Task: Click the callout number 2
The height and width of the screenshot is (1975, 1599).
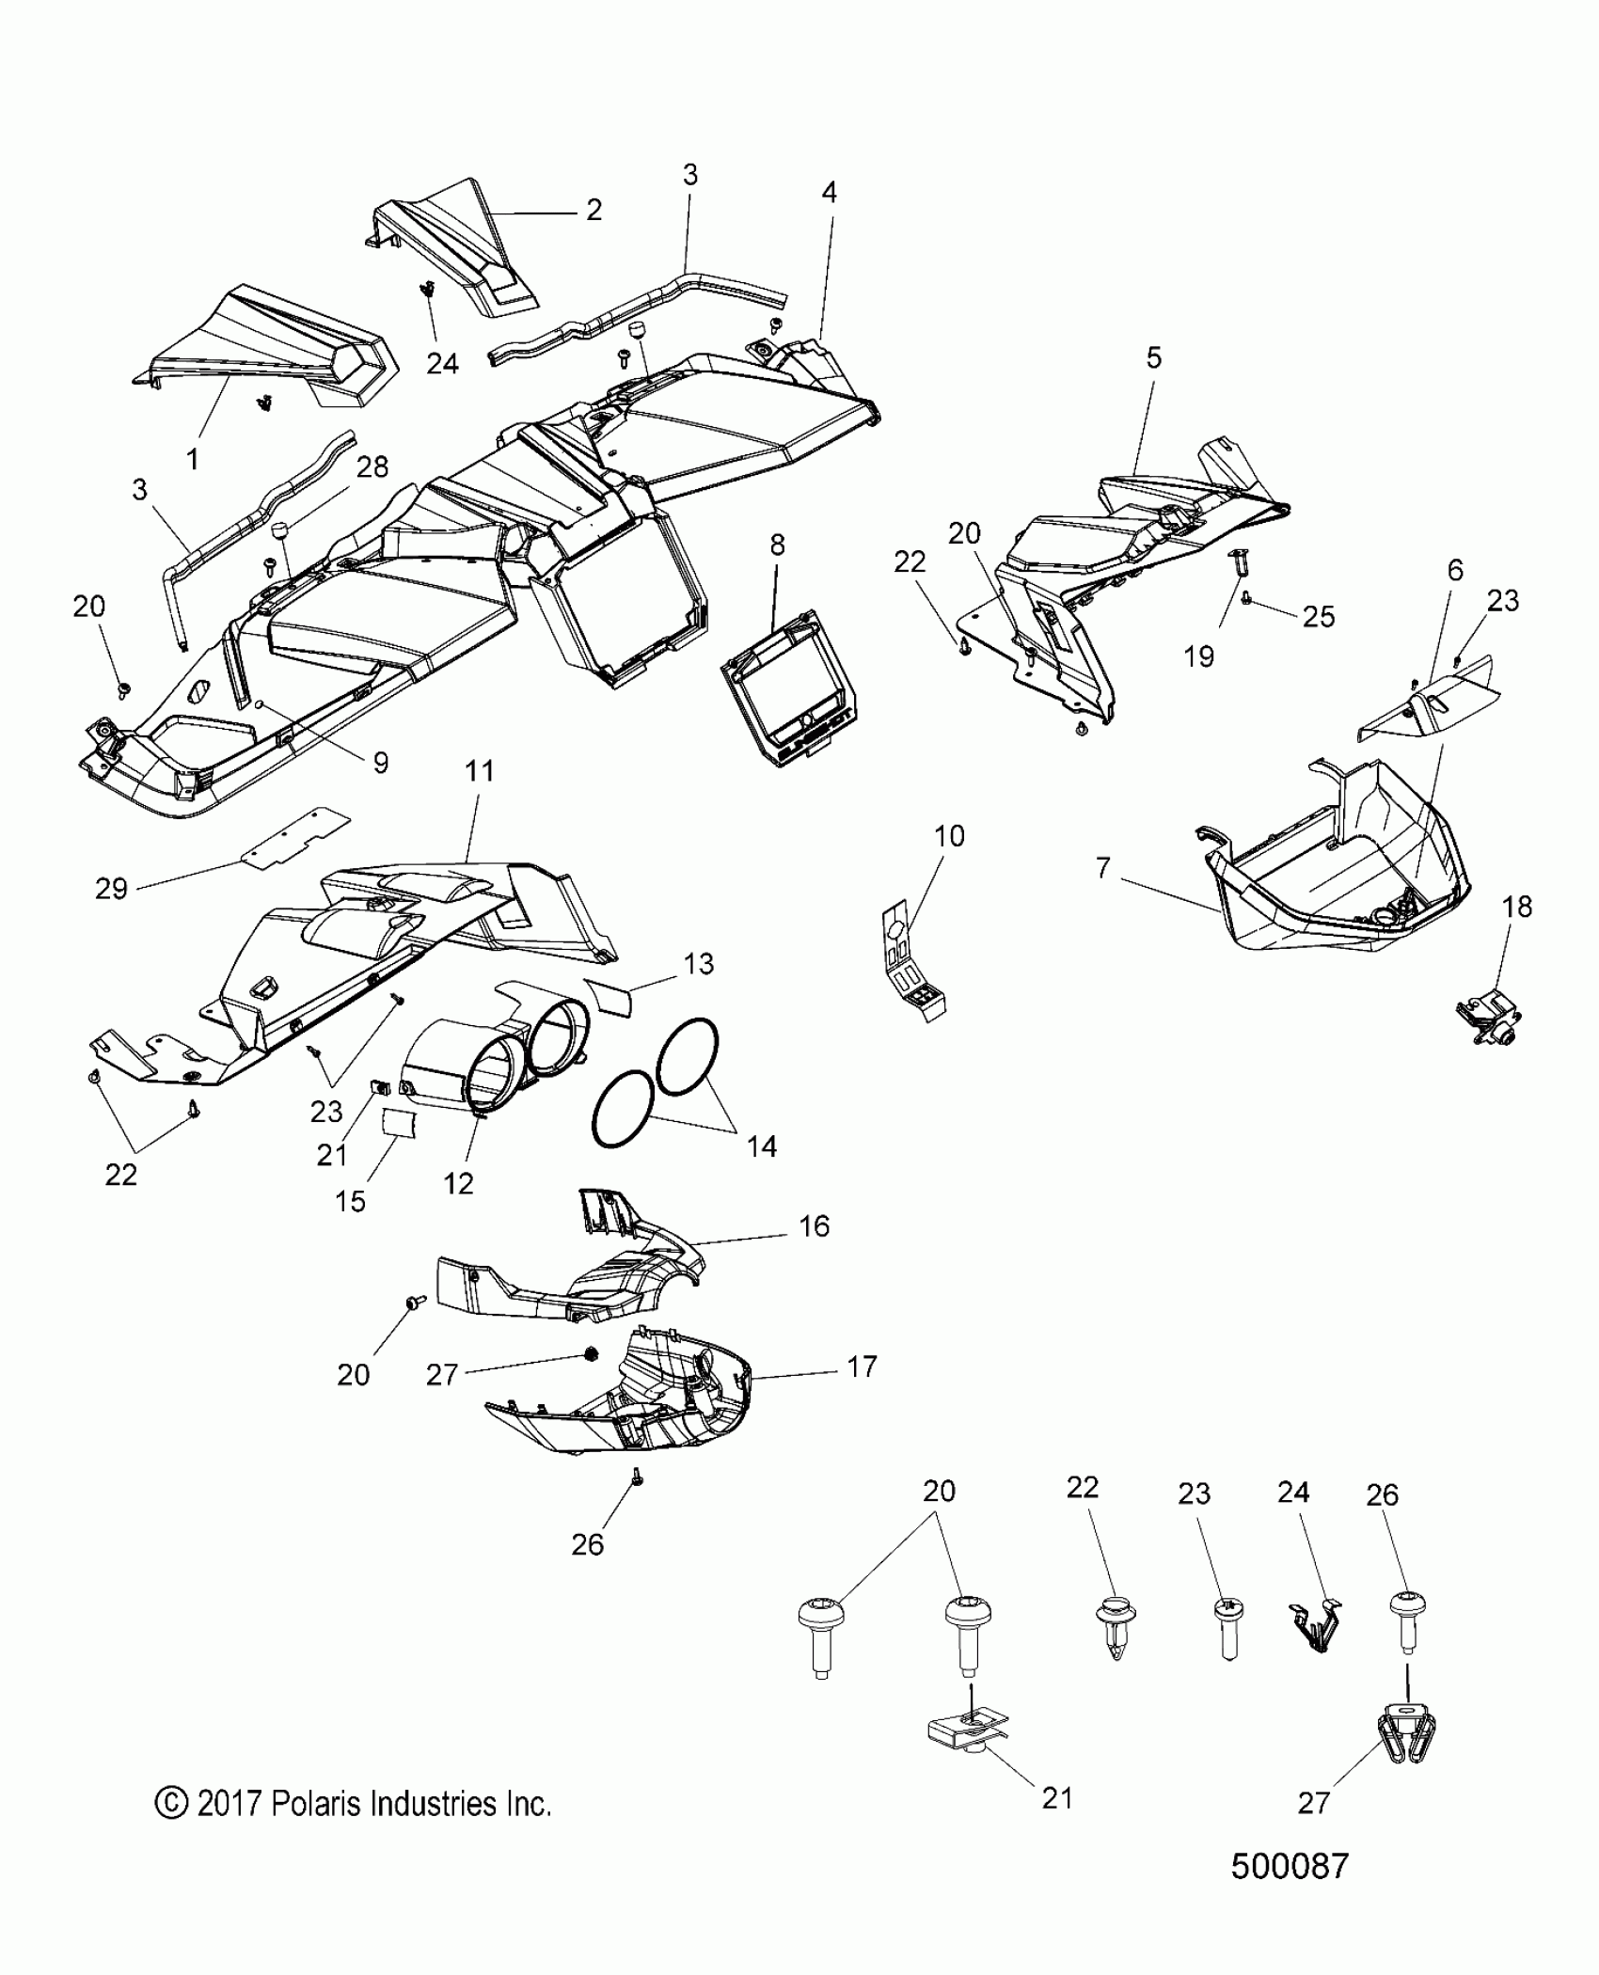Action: click(594, 209)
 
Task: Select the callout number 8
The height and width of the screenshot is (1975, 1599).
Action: click(777, 545)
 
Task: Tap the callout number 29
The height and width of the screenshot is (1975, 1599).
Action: click(111, 888)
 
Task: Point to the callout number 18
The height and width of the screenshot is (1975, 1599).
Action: click(1517, 907)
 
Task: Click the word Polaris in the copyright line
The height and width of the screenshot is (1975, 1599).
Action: click(317, 1804)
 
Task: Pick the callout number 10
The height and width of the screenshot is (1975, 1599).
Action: click(949, 835)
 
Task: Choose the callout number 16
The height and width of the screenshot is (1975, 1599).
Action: click(814, 1225)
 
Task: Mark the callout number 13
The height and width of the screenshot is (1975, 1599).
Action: click(699, 963)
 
